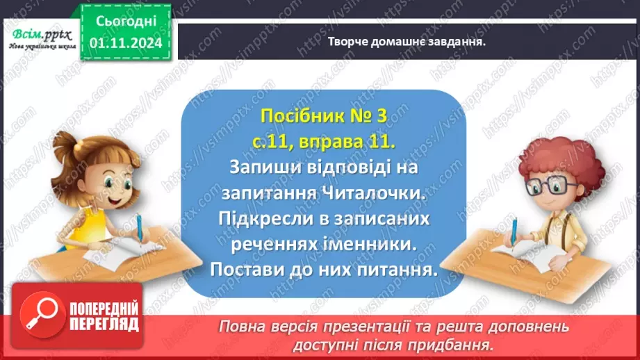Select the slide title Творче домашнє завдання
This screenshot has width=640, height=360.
406,41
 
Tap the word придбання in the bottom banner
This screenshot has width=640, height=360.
457,344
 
